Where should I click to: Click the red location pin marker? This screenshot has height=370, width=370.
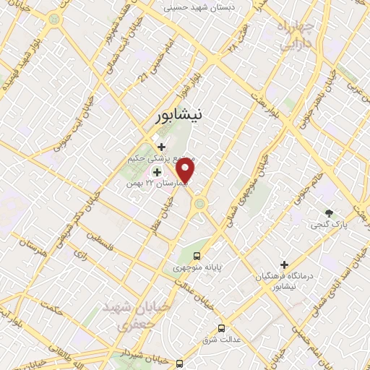tap(186, 171)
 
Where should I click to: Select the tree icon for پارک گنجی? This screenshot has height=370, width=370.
tap(329, 213)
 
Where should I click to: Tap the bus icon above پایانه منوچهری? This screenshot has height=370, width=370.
tap(197, 256)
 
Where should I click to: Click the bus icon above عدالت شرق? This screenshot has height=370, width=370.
tap(220, 327)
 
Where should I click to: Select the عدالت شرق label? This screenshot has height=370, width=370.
tap(220, 339)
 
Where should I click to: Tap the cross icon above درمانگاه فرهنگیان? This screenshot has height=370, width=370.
tap(284, 265)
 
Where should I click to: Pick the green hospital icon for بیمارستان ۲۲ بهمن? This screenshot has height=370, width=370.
tap(156, 171)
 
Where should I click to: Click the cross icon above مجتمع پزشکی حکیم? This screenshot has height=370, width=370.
tap(160, 147)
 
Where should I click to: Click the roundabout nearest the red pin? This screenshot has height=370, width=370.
tap(199, 205)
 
